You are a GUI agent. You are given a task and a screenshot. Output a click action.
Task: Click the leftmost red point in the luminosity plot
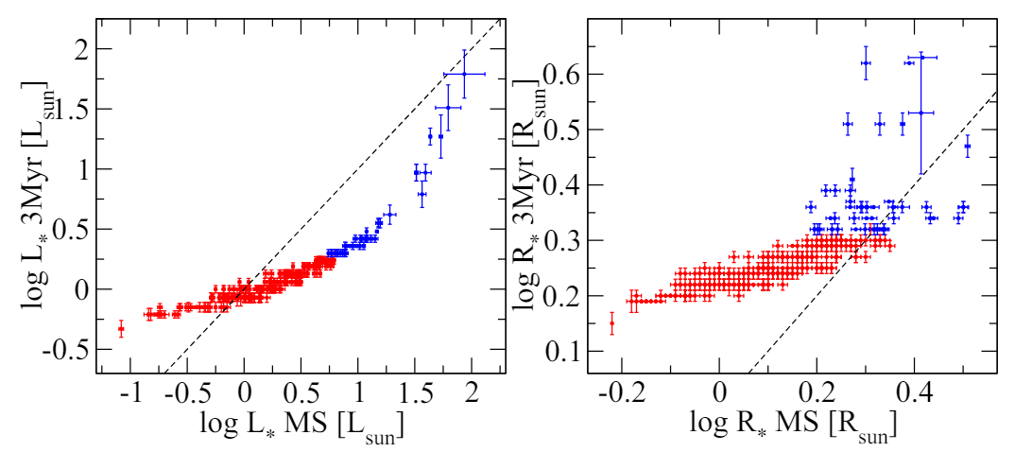click(121, 329)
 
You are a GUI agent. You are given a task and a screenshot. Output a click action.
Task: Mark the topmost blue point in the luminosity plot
click(464, 74)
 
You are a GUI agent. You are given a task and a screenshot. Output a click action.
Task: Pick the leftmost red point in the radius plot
click(611, 323)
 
